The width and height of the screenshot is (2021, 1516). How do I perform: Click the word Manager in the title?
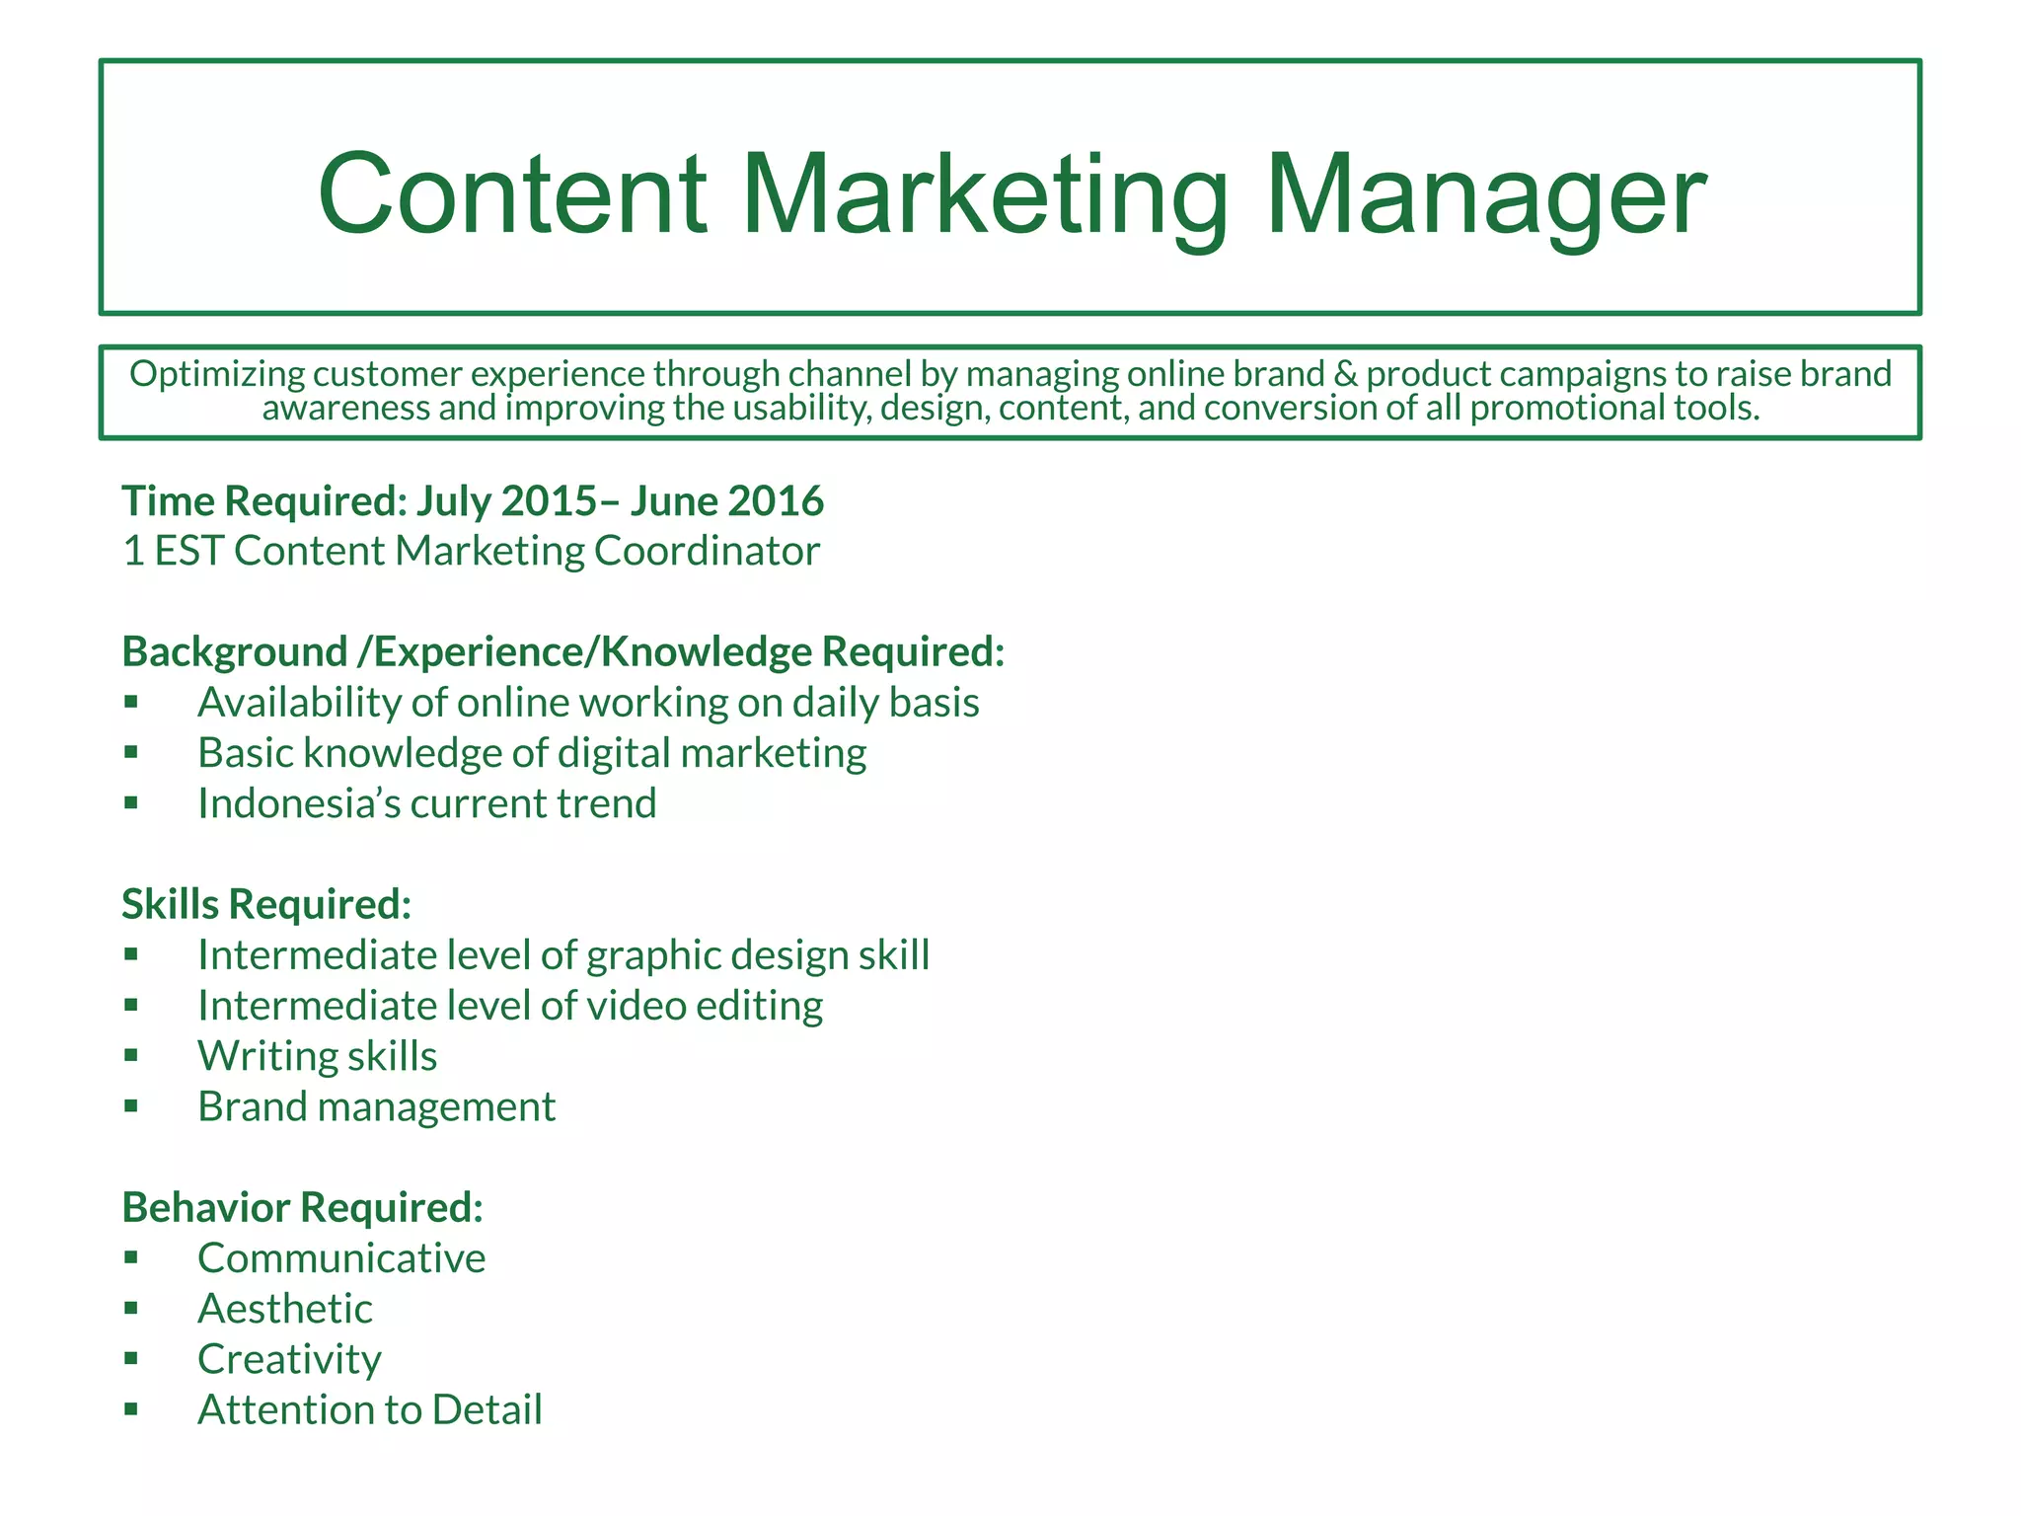click(1485, 195)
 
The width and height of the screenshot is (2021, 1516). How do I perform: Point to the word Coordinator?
click(707, 551)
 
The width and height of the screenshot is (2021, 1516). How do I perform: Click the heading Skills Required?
click(266, 904)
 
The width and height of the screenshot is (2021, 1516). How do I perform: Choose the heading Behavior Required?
click(302, 1207)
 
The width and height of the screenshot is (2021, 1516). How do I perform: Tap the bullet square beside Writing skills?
click(131, 1055)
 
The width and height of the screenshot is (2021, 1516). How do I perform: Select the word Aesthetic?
click(285, 1309)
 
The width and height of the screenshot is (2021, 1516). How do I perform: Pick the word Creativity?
click(289, 1359)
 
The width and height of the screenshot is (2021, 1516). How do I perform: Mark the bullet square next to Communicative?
click(131, 1257)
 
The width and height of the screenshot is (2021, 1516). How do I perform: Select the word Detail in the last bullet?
click(487, 1409)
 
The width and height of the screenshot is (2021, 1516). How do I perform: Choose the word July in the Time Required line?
click(454, 500)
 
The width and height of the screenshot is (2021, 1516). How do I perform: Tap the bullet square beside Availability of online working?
click(131, 702)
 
